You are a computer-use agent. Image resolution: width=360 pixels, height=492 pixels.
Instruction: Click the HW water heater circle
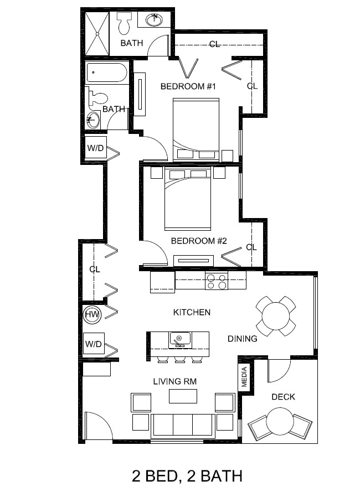point(92,314)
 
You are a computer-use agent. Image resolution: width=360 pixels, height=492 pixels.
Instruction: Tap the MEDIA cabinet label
point(244,377)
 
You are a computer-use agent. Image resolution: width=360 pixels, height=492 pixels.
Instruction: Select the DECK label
point(283,397)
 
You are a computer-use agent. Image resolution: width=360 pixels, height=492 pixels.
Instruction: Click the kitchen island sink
point(179,340)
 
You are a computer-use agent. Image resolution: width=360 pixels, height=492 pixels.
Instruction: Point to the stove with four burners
point(217,281)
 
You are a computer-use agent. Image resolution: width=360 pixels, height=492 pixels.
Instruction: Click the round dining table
point(276,316)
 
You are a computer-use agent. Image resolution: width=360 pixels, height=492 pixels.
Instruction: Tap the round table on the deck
point(280,421)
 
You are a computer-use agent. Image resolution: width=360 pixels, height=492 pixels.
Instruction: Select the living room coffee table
point(183,396)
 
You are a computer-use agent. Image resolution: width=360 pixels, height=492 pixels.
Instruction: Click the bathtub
point(107,73)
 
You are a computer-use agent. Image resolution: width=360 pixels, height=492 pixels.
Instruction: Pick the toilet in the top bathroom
point(124,23)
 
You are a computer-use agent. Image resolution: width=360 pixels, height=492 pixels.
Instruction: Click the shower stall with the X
point(97,34)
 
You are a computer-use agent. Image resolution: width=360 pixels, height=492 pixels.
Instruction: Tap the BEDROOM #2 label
point(198,241)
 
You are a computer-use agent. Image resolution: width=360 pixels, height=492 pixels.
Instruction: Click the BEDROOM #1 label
point(188,86)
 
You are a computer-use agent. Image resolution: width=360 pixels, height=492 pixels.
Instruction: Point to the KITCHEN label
point(192,312)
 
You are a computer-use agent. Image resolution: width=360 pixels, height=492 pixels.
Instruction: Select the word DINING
point(242,339)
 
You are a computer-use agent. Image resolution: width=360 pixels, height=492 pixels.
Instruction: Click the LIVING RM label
point(174,381)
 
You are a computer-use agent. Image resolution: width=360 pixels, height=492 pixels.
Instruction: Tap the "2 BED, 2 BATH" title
point(187,476)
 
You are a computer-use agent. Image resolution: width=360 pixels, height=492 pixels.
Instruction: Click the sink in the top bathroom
point(155,20)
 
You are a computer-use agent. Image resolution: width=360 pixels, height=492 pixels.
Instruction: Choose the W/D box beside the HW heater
point(94,344)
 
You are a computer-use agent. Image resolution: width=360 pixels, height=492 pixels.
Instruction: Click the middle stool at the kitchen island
point(179,360)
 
